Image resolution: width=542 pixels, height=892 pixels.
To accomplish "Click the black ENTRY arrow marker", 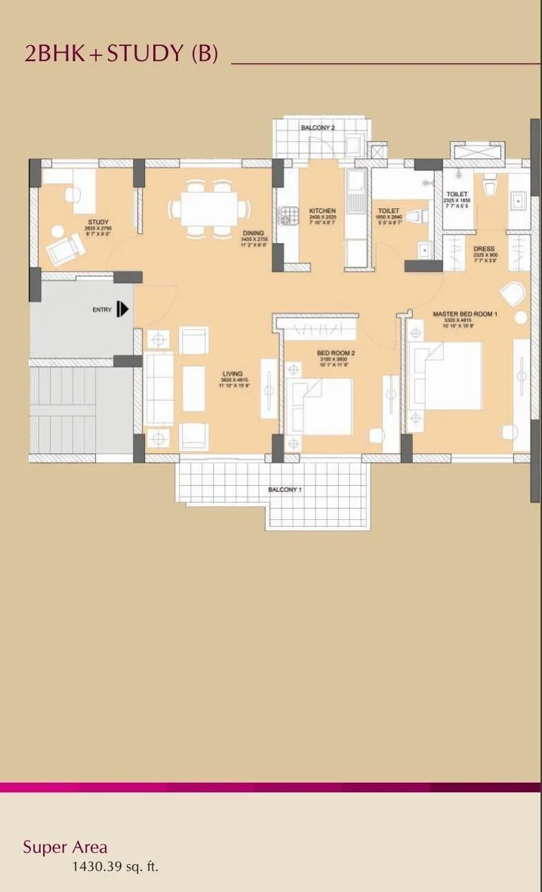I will click(x=123, y=309).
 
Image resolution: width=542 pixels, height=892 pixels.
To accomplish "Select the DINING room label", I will click(x=253, y=233).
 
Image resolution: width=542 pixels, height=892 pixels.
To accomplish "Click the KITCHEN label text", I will click(x=322, y=211).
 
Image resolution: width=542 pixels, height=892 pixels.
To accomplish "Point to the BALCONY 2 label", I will click(x=318, y=128).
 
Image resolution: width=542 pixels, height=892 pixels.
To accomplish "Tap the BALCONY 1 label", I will click(x=285, y=490).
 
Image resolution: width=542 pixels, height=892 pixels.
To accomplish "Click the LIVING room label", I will click(x=233, y=374).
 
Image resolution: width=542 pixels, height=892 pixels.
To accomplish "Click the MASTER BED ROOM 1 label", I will click(x=464, y=313).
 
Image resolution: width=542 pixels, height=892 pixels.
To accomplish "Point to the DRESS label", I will click(x=484, y=248).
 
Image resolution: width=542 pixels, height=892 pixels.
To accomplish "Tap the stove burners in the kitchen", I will click(x=285, y=214).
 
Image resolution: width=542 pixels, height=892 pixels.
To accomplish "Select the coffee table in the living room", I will click(x=194, y=388).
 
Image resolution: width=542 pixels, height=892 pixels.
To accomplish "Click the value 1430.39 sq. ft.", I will click(x=115, y=867).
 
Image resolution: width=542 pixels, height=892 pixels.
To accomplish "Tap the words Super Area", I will click(x=65, y=847).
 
